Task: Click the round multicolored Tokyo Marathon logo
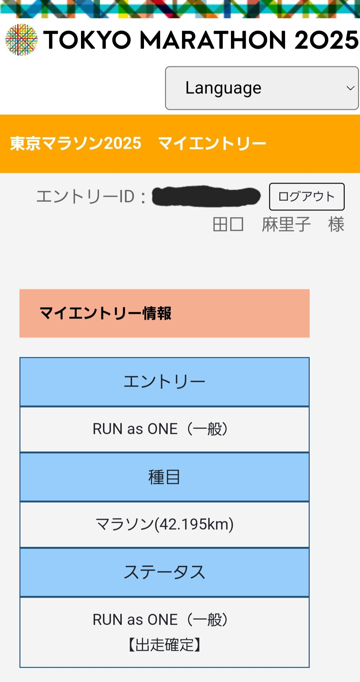[x=21, y=40]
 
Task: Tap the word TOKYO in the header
[x=87, y=40]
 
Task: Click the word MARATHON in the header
[x=213, y=40]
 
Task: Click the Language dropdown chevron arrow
[x=350, y=88]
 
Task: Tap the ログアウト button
[x=306, y=196]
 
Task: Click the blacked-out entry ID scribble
[x=206, y=196]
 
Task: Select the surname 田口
[x=228, y=224]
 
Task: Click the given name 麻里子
[x=286, y=224]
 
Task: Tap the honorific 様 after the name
[x=336, y=224]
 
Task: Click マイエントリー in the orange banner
[x=212, y=143]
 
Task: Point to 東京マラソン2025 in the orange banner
[x=76, y=143]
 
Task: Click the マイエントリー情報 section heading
[x=105, y=313]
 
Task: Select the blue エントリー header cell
[x=164, y=382]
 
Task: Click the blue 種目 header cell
[x=164, y=477]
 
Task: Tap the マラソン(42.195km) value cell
[x=164, y=524]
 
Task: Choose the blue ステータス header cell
[x=164, y=572]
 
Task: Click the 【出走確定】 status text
[x=164, y=645]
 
